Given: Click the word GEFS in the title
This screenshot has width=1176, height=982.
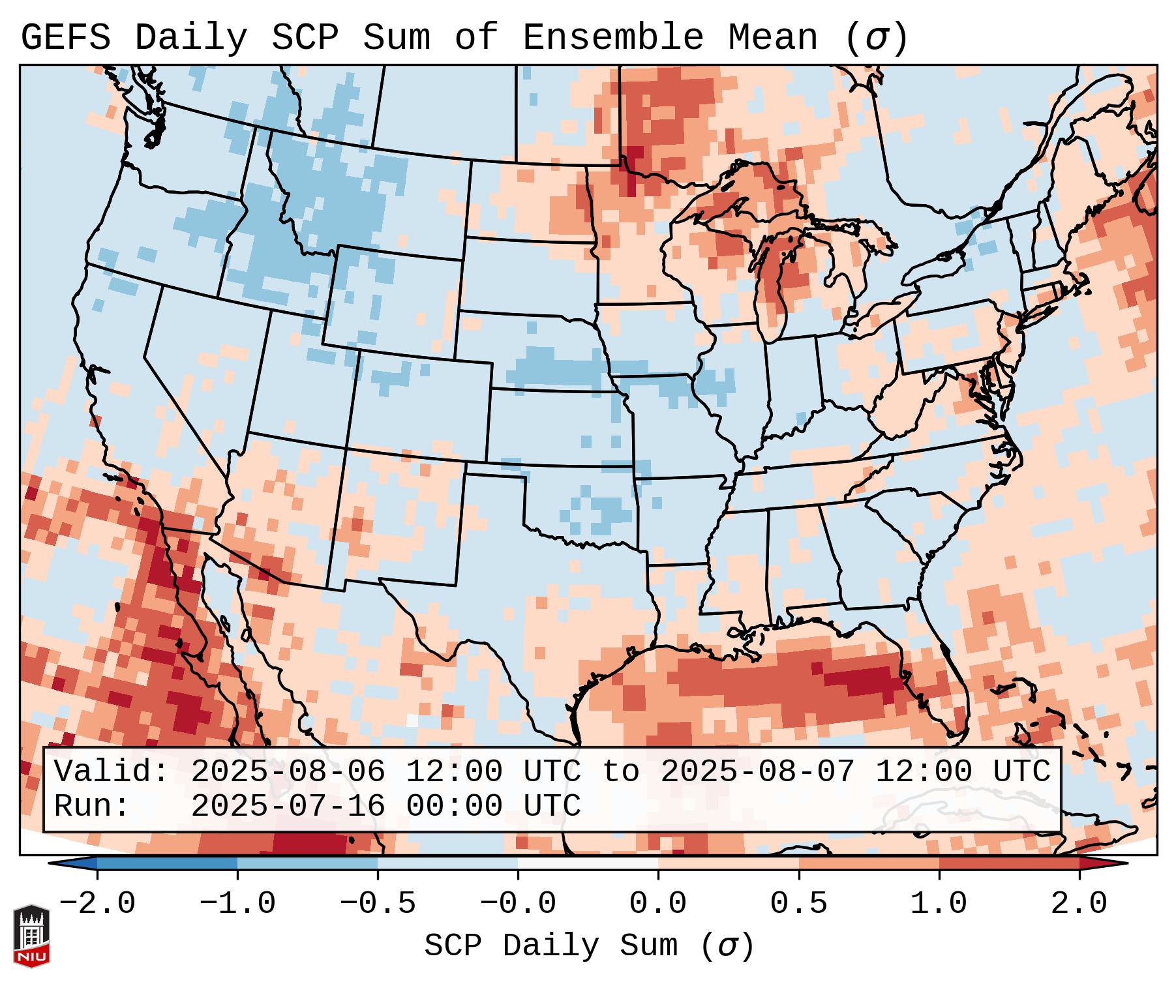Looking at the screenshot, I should (65, 38).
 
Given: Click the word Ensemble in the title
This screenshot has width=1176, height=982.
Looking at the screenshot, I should (613, 38).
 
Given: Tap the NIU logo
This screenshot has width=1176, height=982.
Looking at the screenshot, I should (31, 936).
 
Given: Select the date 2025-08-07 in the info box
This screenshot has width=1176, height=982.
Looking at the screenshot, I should (757, 772).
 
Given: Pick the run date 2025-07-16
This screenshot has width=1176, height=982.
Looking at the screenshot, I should (288, 807).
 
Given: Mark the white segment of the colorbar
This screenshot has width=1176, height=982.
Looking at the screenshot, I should (588, 863).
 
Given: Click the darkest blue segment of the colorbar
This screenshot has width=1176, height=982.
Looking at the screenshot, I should (167, 863).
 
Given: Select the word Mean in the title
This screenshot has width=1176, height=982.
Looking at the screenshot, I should (772, 38).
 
